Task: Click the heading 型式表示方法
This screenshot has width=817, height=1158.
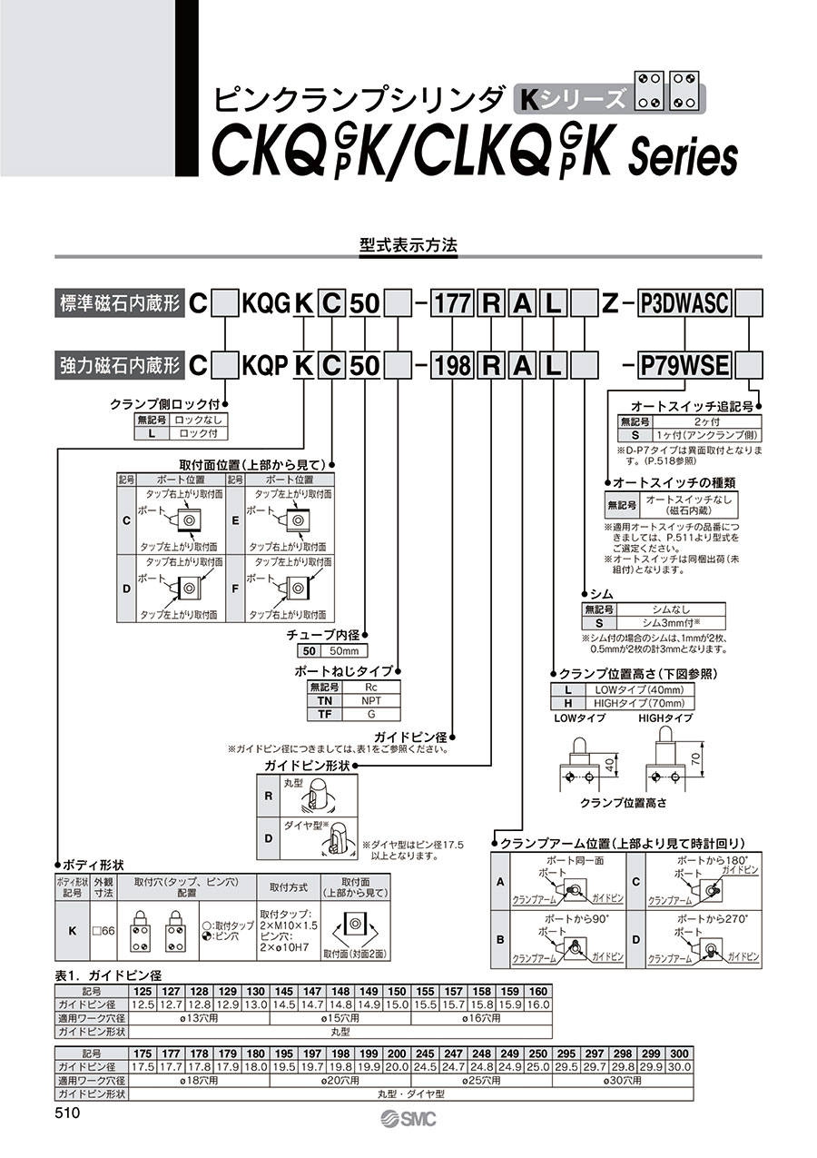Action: coord(408,245)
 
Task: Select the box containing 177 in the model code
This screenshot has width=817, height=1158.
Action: coord(451,304)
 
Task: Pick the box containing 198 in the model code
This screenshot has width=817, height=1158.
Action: coord(451,365)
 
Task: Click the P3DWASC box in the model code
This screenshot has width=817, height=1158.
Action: coord(684,304)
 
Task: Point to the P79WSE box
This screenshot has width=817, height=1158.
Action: coord(684,365)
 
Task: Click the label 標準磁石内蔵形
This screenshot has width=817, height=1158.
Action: coord(120,304)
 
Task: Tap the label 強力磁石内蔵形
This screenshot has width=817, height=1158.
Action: coord(120,365)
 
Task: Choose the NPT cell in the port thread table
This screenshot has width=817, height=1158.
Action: coord(371,703)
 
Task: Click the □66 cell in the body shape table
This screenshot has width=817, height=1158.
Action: coord(102,930)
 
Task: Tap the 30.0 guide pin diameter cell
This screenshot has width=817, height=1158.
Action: coord(678,1066)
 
